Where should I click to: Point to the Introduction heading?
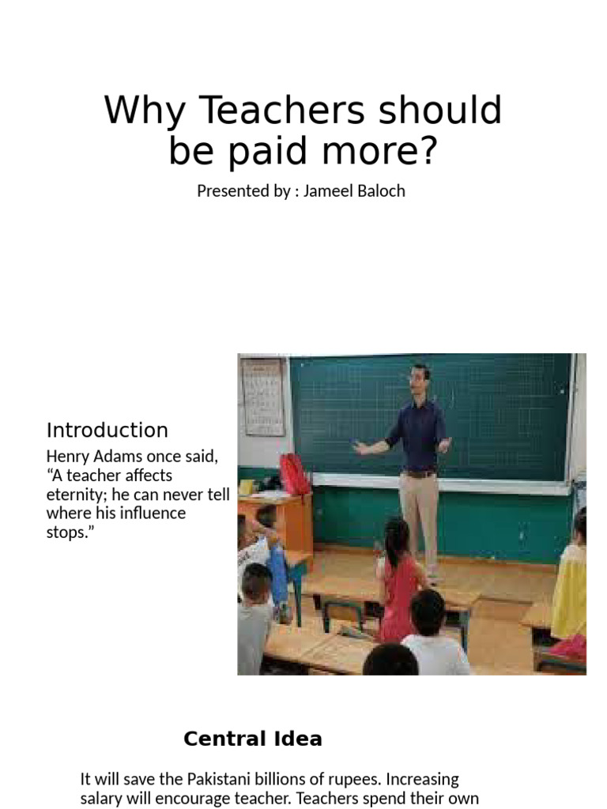pyautogui.click(x=107, y=431)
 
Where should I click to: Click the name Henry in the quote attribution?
pyautogui.click(x=69, y=457)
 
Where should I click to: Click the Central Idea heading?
pyautogui.click(x=253, y=739)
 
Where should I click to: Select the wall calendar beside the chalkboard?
pyautogui.click(x=263, y=397)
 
